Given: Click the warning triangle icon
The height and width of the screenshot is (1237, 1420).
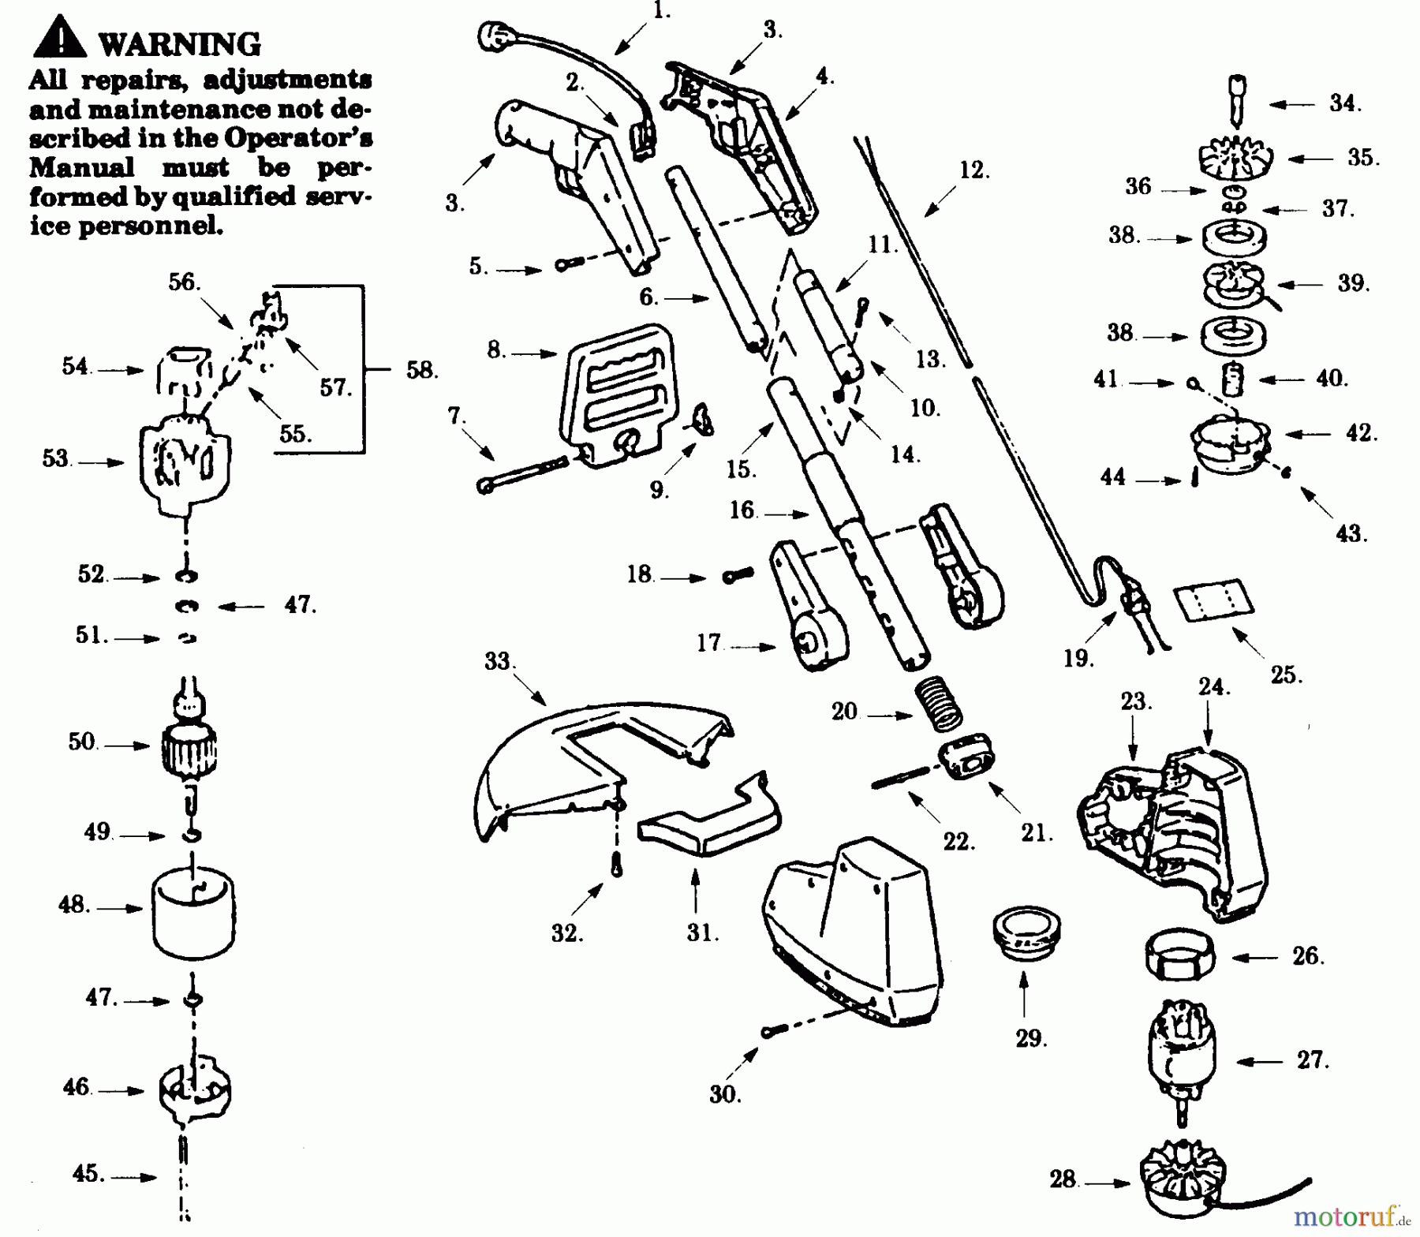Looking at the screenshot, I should coord(60,39).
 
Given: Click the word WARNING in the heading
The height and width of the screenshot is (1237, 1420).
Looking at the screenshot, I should coord(180,44).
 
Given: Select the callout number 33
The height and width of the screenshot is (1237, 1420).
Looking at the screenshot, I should coord(498,661).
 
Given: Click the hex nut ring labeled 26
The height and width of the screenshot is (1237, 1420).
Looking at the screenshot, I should coord(1179,956).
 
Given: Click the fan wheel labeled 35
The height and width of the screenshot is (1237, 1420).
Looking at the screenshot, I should coord(1234,158).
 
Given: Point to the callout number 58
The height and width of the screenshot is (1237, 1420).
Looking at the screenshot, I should coord(421,369).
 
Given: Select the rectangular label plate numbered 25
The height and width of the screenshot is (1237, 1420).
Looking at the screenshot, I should coord(1214,600).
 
